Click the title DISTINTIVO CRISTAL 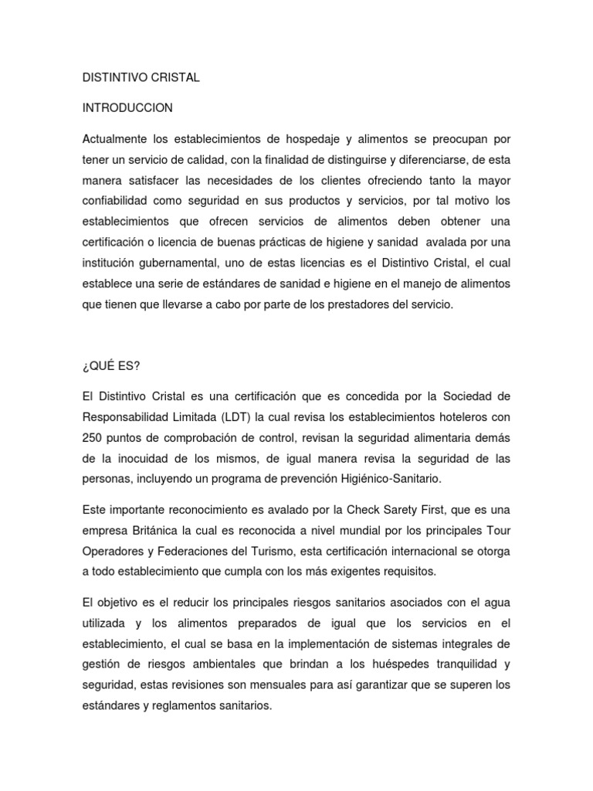coord(141,77)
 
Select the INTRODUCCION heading coord(127,107)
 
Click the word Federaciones coord(210,552)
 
